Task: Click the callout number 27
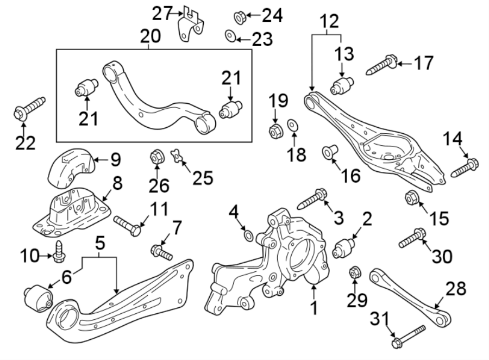point(161,12)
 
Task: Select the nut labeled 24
point(239,17)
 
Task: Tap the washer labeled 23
point(230,37)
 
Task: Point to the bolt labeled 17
point(383,64)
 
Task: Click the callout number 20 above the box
point(150,37)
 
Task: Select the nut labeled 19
point(275,131)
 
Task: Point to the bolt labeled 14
point(465,167)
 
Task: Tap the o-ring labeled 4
point(247,235)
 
